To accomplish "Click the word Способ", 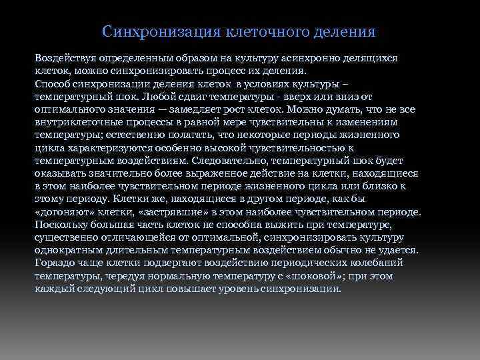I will pos(51,83).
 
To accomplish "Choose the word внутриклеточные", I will pos(80,122).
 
